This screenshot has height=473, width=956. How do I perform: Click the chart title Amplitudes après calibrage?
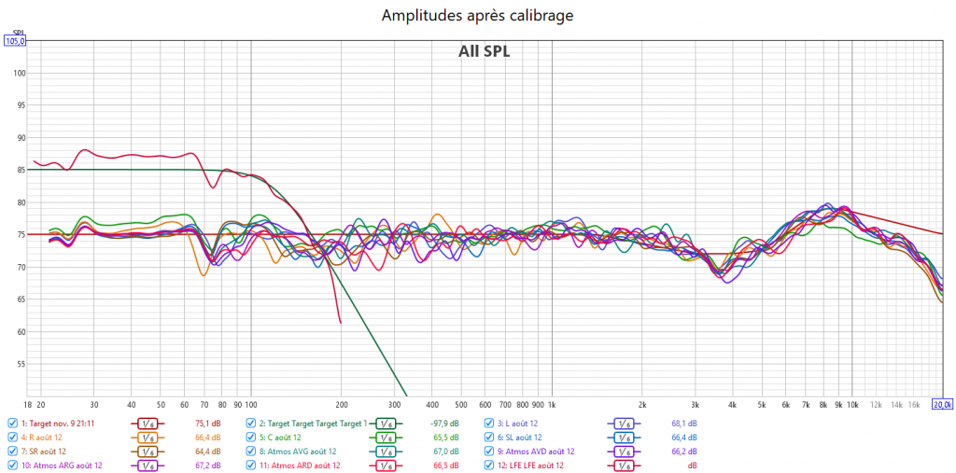(477, 15)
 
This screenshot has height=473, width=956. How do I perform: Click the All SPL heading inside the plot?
(484, 51)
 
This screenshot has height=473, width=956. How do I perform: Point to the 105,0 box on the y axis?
(15, 41)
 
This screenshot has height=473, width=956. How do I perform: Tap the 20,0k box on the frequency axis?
(943, 404)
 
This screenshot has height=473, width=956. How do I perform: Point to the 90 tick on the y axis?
(19, 138)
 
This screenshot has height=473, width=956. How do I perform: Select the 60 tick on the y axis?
(19, 332)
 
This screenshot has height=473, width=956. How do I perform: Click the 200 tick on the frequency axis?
(341, 405)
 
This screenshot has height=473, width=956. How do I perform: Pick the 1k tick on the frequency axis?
(552, 405)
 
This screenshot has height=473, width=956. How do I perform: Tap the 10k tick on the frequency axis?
(852, 405)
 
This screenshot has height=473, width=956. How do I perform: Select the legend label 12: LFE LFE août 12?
(531, 465)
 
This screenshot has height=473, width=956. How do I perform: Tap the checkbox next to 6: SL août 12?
(489, 437)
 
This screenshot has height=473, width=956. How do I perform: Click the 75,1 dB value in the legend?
(207, 423)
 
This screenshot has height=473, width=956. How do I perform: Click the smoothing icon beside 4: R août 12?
(147, 437)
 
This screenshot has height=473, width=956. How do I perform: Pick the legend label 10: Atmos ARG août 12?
(61, 465)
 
